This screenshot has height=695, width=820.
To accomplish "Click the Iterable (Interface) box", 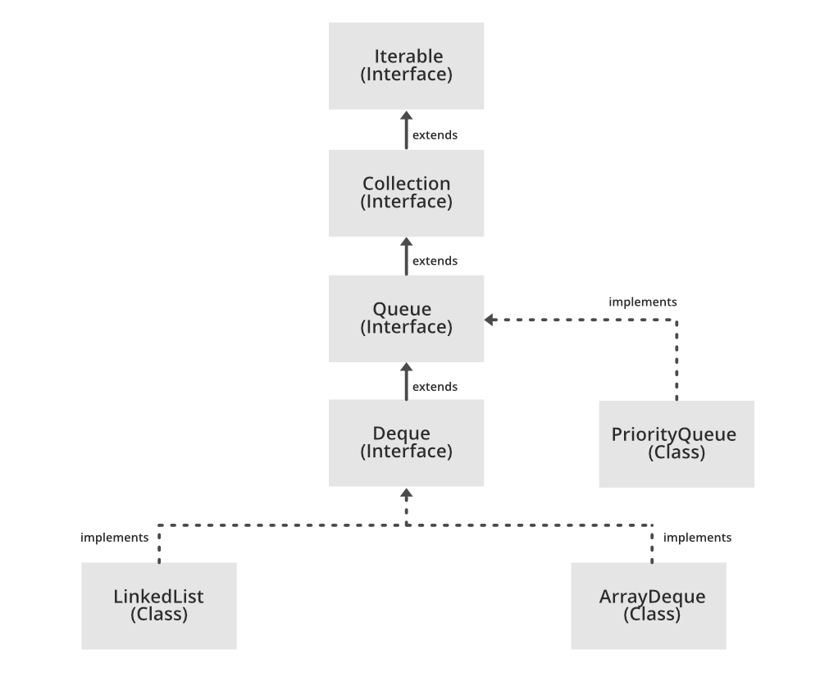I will pos(406,66).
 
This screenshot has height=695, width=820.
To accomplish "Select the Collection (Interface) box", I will pos(406,193).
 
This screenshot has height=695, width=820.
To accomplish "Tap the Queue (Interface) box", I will pos(406,318).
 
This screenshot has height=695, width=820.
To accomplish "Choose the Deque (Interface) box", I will pos(406,443).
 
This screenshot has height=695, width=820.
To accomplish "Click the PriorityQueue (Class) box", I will pos(676,443).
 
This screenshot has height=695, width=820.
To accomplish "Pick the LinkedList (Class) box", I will pos(159,606).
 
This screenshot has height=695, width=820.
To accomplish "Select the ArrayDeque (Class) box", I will pos(649,606).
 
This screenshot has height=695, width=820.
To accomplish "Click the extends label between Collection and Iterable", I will pos(435,134).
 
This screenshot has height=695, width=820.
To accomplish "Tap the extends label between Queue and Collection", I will pos(435,261).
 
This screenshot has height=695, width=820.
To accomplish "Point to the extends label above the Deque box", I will pos(435,386).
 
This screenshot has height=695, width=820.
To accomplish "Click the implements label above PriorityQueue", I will pos(643,302).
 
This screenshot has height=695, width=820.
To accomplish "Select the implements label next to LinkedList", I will pos(115,538).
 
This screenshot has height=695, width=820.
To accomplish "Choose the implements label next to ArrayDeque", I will pos(697,538).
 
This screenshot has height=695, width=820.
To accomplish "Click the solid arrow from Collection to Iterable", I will pos(406,130).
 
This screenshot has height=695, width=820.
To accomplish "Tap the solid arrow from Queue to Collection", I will pos(406,257).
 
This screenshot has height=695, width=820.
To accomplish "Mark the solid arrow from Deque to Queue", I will pos(406,382).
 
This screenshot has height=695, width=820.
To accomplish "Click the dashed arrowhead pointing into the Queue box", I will pos(490,320).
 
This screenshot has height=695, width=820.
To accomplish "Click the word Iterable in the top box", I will pos(408,57).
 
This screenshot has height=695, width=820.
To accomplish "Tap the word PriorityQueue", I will pos(674,434).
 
